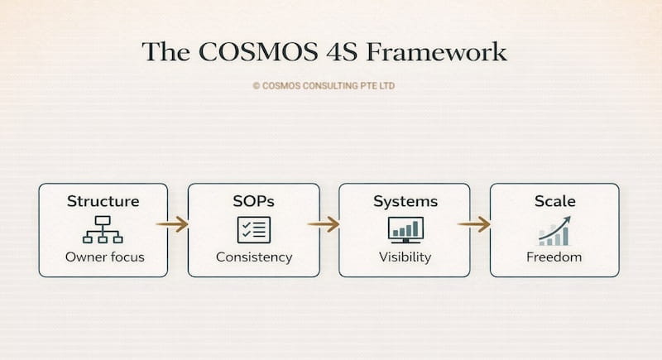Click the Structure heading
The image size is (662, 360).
point(103,201)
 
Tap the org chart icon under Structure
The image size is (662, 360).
point(103,229)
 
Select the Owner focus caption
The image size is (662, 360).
point(104,257)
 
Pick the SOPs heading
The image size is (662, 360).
point(253,201)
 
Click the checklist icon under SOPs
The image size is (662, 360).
point(254,229)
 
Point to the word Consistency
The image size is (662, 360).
point(254,257)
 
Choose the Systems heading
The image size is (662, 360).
point(405,201)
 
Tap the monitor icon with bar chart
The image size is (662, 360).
point(405,229)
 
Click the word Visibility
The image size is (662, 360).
point(405,257)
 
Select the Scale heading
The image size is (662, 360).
point(554,201)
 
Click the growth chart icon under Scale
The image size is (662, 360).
point(554,230)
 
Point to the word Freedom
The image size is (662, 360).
point(554,257)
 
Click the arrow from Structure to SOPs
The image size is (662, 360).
point(172,223)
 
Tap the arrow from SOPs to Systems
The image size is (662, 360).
point(323,223)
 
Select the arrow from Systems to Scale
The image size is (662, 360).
point(473,223)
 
